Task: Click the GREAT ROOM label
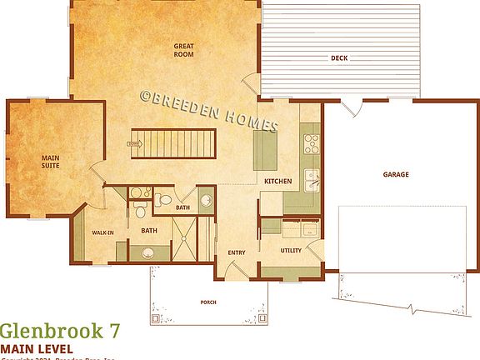coord(183,49)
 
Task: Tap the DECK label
coord(338,58)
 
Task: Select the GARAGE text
coord(395,175)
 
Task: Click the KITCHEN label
coord(277,181)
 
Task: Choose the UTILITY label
coord(291,250)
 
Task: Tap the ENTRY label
coord(236,253)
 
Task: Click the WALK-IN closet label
coord(102,232)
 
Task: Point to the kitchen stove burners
coord(309,142)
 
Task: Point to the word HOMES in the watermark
coord(248,124)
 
